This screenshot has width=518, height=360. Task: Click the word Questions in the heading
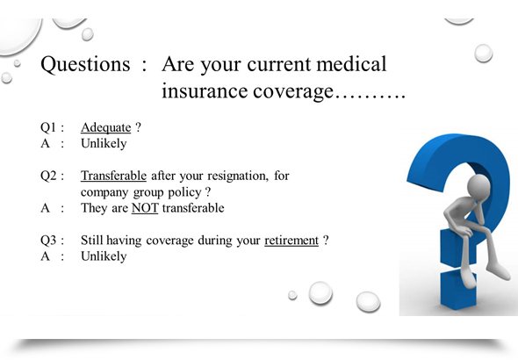(85, 65)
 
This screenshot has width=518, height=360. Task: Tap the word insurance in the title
(205, 90)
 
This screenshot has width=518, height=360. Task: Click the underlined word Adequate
(105, 128)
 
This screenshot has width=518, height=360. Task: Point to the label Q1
(48, 127)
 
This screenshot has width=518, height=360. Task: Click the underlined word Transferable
(113, 176)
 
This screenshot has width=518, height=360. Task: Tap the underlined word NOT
(145, 208)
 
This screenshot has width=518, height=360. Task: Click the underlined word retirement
(291, 241)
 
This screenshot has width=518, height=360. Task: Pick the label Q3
(48, 240)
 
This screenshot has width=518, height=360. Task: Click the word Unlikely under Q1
(104, 144)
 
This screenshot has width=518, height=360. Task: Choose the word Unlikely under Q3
(104, 257)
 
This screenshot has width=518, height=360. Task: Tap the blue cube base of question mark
(458, 289)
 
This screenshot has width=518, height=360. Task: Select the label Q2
(48, 176)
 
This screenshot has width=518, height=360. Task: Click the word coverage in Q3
(169, 241)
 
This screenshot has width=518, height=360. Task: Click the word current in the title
(279, 64)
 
